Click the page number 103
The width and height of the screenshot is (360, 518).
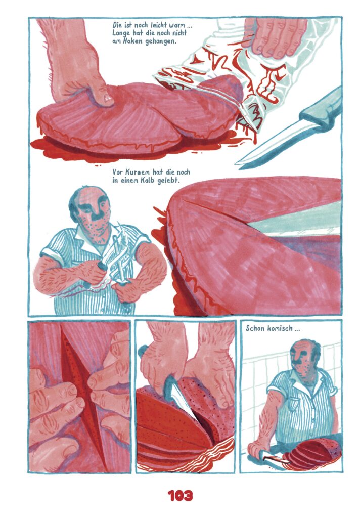click(180, 496)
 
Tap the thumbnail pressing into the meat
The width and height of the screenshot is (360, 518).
click(108, 98)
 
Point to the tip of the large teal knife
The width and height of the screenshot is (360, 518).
click(236, 163)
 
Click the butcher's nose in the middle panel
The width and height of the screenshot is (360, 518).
click(97, 214)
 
